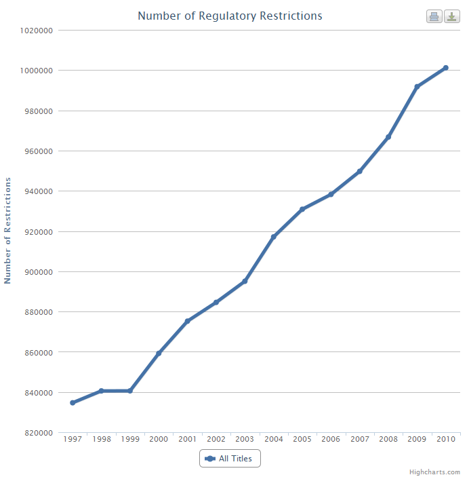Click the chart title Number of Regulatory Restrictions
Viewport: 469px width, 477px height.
pyautogui.click(x=230, y=16)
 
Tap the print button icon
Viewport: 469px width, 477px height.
pyautogui.click(x=434, y=16)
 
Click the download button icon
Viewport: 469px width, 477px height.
pyautogui.click(x=452, y=16)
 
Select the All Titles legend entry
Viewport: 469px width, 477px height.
pyautogui.click(x=230, y=459)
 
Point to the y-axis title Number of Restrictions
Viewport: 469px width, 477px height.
pyautogui.click(x=8, y=231)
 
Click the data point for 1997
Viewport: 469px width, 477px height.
pyautogui.click(x=73, y=403)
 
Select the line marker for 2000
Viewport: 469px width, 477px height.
pyautogui.click(x=159, y=354)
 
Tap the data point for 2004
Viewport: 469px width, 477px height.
pyautogui.click(x=274, y=237)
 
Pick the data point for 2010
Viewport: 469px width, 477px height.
pyautogui.click(x=445, y=68)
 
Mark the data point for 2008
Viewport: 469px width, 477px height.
pyautogui.click(x=388, y=137)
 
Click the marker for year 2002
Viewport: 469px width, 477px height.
pyautogui.click(x=216, y=302)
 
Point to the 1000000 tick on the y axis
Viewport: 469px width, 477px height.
pyautogui.click(x=37, y=71)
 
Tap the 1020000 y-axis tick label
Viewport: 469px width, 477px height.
pyautogui.click(x=37, y=31)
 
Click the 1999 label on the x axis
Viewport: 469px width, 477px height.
pyautogui.click(x=130, y=440)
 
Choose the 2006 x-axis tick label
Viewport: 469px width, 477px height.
pyautogui.click(x=331, y=440)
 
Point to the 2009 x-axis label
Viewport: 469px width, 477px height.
pyautogui.click(x=417, y=440)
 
